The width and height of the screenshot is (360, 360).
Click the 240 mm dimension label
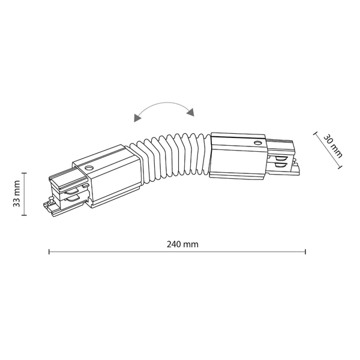click(x=182, y=244)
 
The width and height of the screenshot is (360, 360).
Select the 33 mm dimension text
click(x=17, y=194)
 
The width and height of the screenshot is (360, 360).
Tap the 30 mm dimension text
click(x=332, y=146)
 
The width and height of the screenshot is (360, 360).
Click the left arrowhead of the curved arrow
click(x=137, y=118)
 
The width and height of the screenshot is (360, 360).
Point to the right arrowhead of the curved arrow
click(x=191, y=112)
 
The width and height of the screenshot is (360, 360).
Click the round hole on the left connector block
click(x=88, y=167)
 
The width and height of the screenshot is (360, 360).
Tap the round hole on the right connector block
click(x=257, y=143)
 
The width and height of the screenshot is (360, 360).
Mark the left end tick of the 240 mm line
click(x=49, y=251)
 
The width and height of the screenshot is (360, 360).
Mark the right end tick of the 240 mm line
click(x=305, y=251)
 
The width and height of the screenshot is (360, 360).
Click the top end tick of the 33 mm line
click(x=24, y=173)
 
